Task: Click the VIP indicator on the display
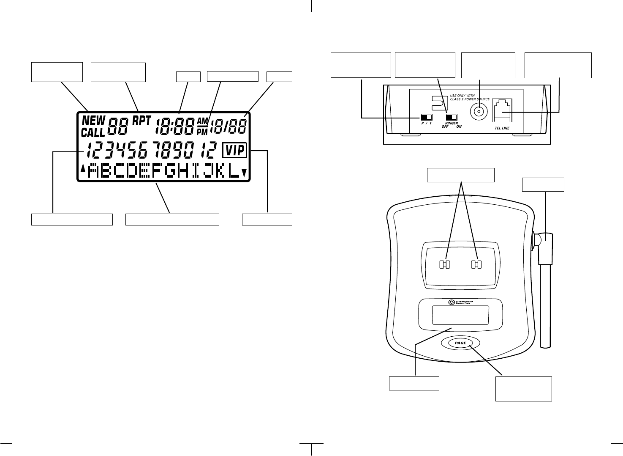click(x=234, y=150)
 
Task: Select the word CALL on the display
click(x=92, y=132)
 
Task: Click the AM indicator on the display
click(x=203, y=121)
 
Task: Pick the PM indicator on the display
click(x=203, y=132)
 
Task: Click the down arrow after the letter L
click(x=244, y=172)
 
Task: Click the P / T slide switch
click(x=427, y=117)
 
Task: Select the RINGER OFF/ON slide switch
click(x=452, y=117)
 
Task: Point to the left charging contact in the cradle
click(x=444, y=265)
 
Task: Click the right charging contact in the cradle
click(x=476, y=265)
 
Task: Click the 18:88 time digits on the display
click(x=175, y=126)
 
